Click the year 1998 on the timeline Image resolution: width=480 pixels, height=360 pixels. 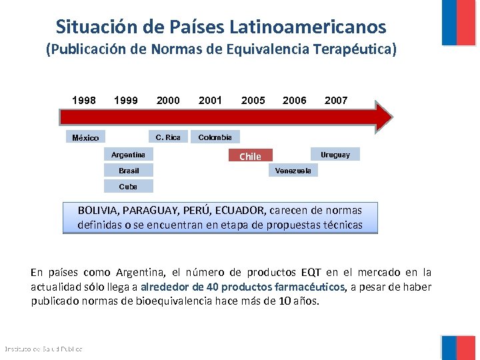[84, 101]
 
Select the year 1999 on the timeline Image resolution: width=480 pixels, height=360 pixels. [126, 101]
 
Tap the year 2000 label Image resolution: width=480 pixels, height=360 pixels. [168, 101]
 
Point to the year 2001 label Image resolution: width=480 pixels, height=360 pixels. [210, 101]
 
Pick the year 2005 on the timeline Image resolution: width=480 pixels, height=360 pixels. [253, 101]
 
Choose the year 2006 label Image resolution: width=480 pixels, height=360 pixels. [295, 101]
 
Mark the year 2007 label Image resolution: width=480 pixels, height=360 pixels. [336, 101]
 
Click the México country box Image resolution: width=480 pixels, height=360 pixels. [85, 137]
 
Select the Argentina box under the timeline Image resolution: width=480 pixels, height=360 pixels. [129, 155]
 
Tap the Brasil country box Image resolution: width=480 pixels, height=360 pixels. [129, 171]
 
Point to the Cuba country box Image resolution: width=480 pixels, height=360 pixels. [129, 186]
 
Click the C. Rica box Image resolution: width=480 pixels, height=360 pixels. [168, 137]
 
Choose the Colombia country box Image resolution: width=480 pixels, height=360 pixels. [215, 137]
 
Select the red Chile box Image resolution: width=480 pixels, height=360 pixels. [251, 156]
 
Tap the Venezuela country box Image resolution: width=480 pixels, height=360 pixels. [293, 171]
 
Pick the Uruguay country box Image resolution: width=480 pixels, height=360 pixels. [335, 155]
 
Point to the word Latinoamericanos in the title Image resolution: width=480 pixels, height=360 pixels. [307, 27]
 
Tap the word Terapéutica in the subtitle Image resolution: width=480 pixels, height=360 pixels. [354, 49]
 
